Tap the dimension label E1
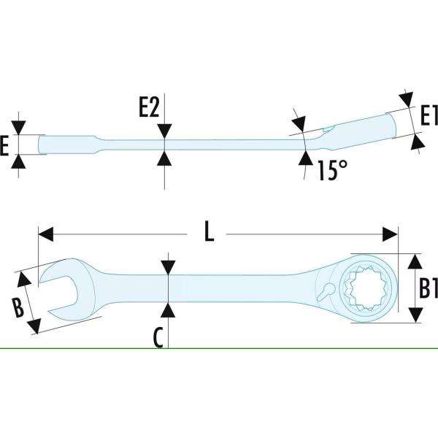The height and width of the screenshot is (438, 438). tap(428, 115)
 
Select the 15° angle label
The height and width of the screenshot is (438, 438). tap(331, 171)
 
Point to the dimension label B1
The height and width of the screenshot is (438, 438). tap(428, 288)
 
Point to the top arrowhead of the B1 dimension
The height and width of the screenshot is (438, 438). tap(415, 261)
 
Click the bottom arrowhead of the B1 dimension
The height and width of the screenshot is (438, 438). tap(415, 315)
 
